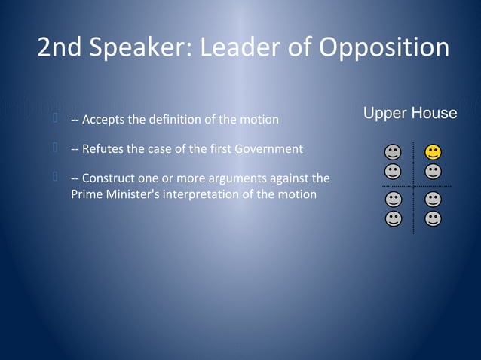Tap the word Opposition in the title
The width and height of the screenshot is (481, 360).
384,48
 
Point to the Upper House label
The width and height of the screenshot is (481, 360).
410,113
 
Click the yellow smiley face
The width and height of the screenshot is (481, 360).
433,152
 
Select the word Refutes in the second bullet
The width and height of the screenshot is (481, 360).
103,149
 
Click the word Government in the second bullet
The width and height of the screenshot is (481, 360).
268,149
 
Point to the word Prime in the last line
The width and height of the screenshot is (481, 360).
87,194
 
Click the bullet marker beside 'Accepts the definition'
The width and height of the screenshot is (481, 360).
56,118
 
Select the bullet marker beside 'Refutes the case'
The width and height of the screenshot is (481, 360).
56,148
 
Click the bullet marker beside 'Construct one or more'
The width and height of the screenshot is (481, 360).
56,177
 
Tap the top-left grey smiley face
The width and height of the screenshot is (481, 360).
393,152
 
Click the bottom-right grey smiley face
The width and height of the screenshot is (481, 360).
433,218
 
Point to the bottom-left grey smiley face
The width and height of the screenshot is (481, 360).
393,218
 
